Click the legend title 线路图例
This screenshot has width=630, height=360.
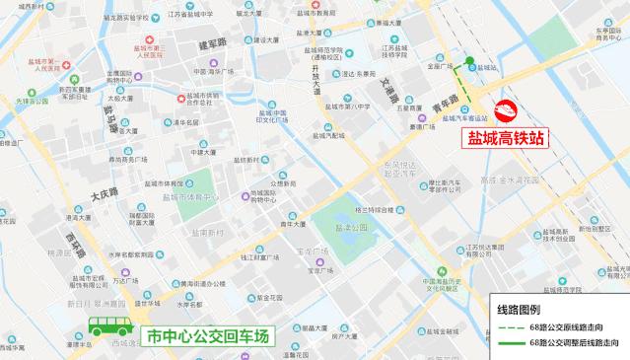coord(520,308)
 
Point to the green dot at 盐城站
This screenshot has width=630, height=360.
coord(470,67)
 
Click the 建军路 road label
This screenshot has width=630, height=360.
coord(211,43)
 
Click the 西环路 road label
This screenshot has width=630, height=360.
coord(72,242)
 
